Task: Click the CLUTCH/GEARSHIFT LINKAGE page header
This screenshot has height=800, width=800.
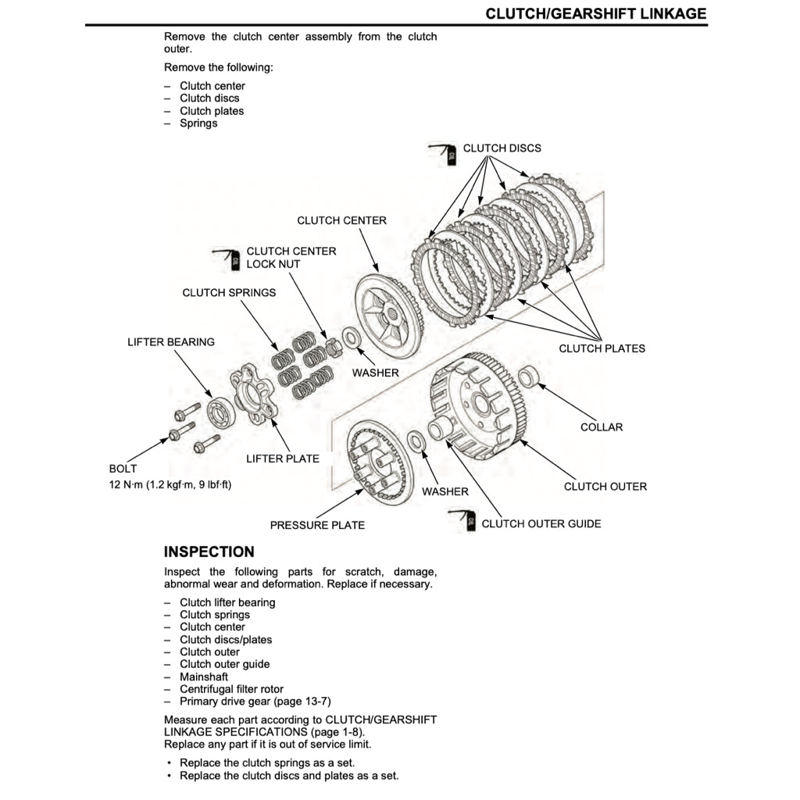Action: (x=595, y=13)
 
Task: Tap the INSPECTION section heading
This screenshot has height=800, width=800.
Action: (x=209, y=552)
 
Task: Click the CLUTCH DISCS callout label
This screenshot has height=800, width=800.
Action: (x=502, y=148)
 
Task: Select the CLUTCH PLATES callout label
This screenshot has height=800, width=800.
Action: (x=602, y=348)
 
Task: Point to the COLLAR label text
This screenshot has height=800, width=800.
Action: (x=602, y=427)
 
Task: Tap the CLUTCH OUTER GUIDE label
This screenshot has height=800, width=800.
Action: (x=541, y=523)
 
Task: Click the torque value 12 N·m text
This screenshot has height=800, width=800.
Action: (x=170, y=484)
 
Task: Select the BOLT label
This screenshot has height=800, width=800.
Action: (x=123, y=469)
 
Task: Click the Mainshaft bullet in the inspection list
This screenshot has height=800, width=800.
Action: (x=204, y=677)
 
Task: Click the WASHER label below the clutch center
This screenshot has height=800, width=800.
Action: (x=375, y=373)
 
